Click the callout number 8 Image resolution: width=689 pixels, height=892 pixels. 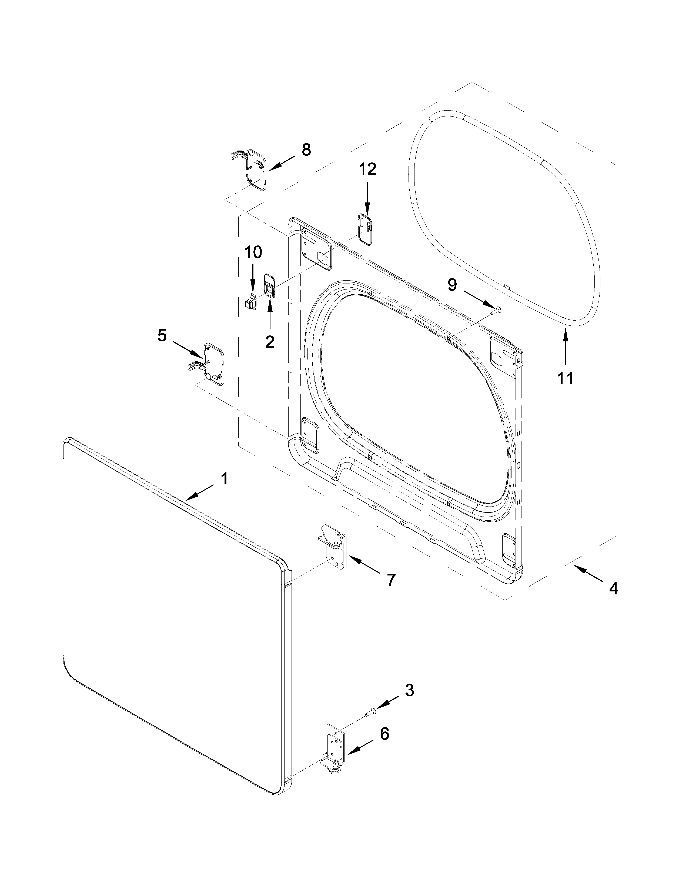[306, 150]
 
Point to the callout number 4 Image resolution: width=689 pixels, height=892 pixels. [614, 588]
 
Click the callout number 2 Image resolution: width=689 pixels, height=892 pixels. [269, 341]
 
